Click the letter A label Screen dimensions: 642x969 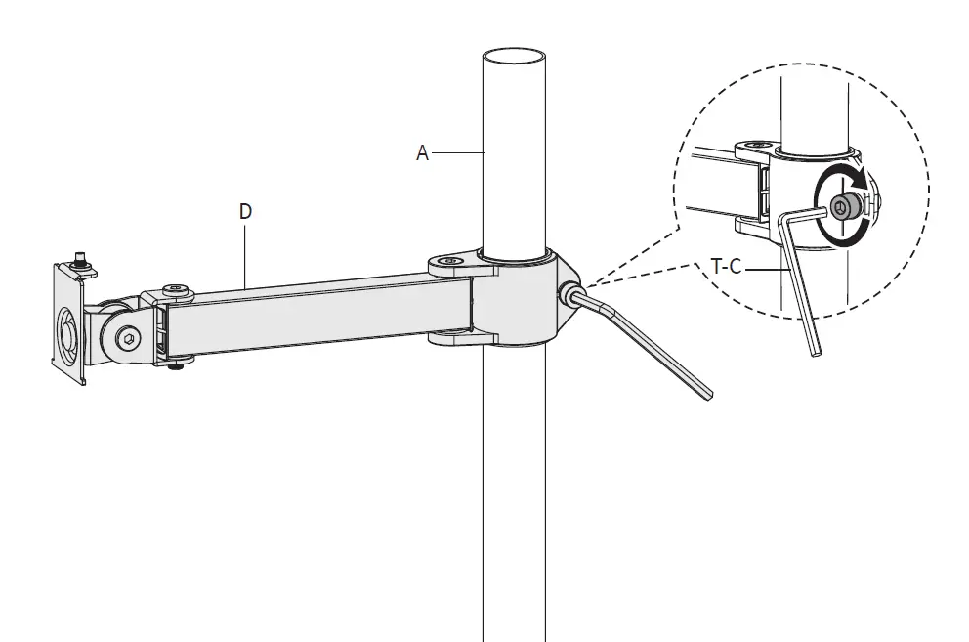(422, 152)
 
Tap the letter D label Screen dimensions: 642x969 (244, 211)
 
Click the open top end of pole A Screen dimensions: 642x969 (514, 56)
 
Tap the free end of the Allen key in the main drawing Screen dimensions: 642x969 (708, 393)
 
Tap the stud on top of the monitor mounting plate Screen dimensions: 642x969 (78, 262)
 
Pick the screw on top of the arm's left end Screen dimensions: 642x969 (175, 288)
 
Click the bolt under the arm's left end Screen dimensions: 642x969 (176, 364)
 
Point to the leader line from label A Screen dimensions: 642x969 (459, 152)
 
